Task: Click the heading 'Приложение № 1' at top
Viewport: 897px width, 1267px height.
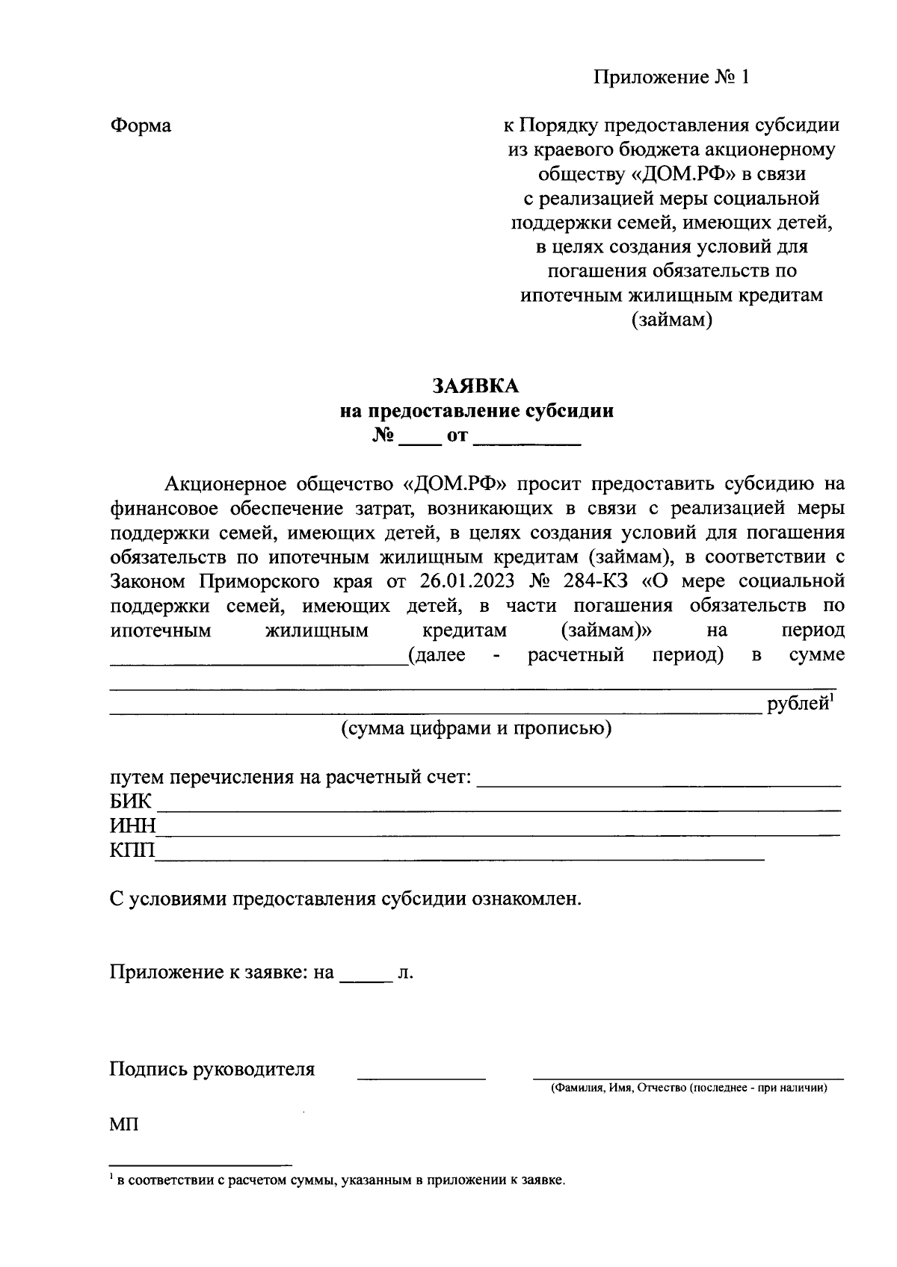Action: [x=671, y=77]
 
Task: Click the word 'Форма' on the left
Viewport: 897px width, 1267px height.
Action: [x=141, y=126]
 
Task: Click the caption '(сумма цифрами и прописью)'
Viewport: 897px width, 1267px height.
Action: [x=476, y=728]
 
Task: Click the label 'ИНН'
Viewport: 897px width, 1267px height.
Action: [x=132, y=826]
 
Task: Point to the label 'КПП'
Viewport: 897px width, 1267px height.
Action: [x=132, y=850]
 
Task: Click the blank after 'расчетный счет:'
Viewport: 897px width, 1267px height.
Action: [x=658, y=781]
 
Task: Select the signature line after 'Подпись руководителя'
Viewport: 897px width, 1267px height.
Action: [x=422, y=1074]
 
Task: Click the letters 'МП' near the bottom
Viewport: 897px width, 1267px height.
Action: [x=124, y=1124]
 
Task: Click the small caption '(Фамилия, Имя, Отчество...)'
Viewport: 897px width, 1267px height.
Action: [x=688, y=1088]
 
